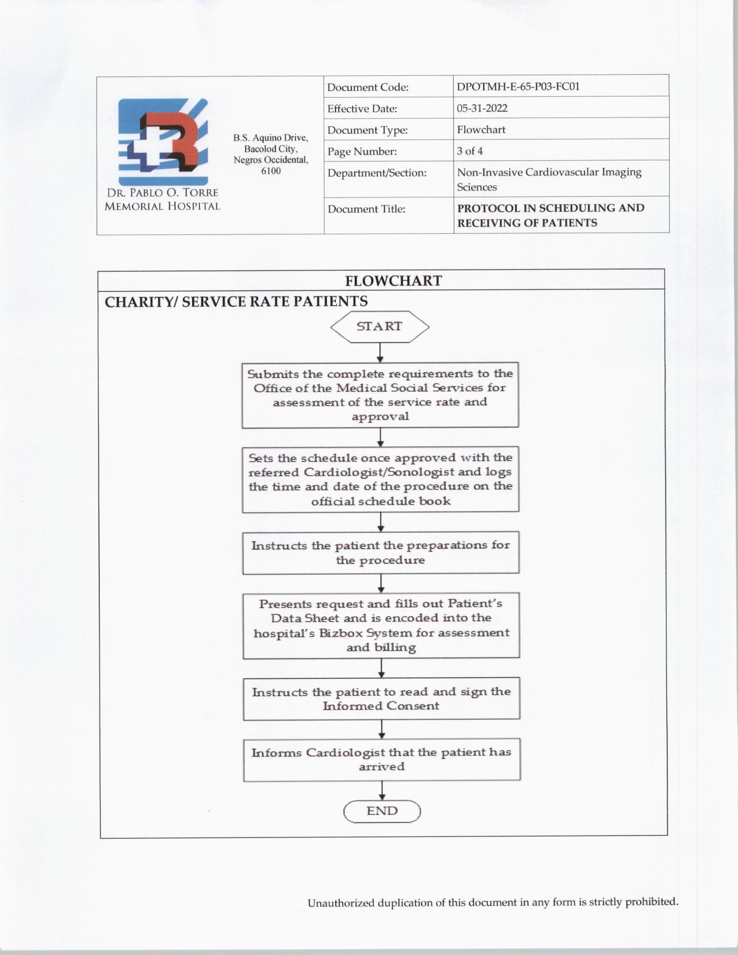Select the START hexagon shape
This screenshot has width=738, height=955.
[380, 326]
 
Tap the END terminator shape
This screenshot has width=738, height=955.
[382, 811]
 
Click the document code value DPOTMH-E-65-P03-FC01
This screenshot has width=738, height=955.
[518, 87]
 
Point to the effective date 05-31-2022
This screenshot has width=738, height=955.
[482, 108]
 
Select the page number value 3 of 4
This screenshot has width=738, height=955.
[470, 151]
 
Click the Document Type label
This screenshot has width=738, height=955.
[368, 130]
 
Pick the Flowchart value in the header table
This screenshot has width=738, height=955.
[481, 130]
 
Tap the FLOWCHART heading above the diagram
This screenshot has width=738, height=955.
[394, 281]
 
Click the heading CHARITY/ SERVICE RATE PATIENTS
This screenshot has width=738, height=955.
[236, 302]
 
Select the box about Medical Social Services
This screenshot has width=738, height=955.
[380, 395]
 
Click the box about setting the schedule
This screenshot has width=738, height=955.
[380, 479]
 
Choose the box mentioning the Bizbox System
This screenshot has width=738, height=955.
[381, 625]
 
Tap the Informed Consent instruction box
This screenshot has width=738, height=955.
[381, 699]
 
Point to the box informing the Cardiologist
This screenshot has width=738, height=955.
[381, 759]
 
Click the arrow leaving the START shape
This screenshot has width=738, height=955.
[380, 352]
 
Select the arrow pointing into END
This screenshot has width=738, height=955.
[382, 791]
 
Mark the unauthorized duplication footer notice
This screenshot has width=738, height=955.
[493, 902]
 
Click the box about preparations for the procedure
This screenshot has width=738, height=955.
[381, 553]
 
